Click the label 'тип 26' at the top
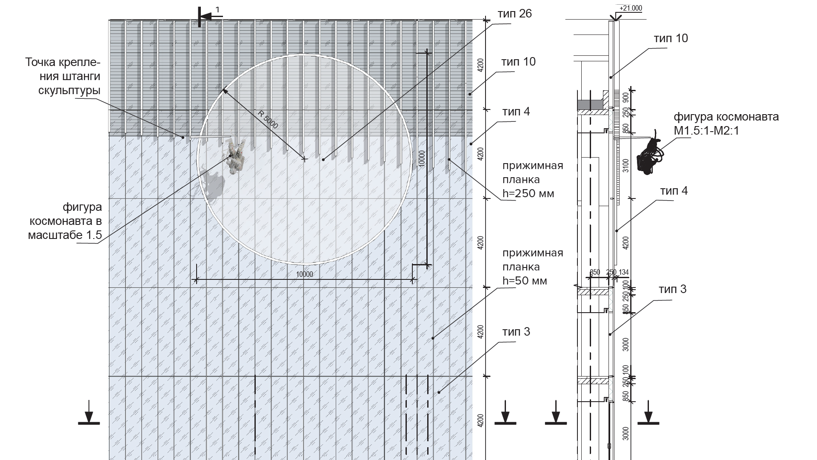[x=514, y=14]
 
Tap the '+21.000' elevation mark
[x=631, y=9]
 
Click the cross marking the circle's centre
[x=304, y=159]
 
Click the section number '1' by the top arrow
[x=217, y=9]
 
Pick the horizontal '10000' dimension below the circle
[x=304, y=274]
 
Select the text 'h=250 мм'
[x=528, y=193]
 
